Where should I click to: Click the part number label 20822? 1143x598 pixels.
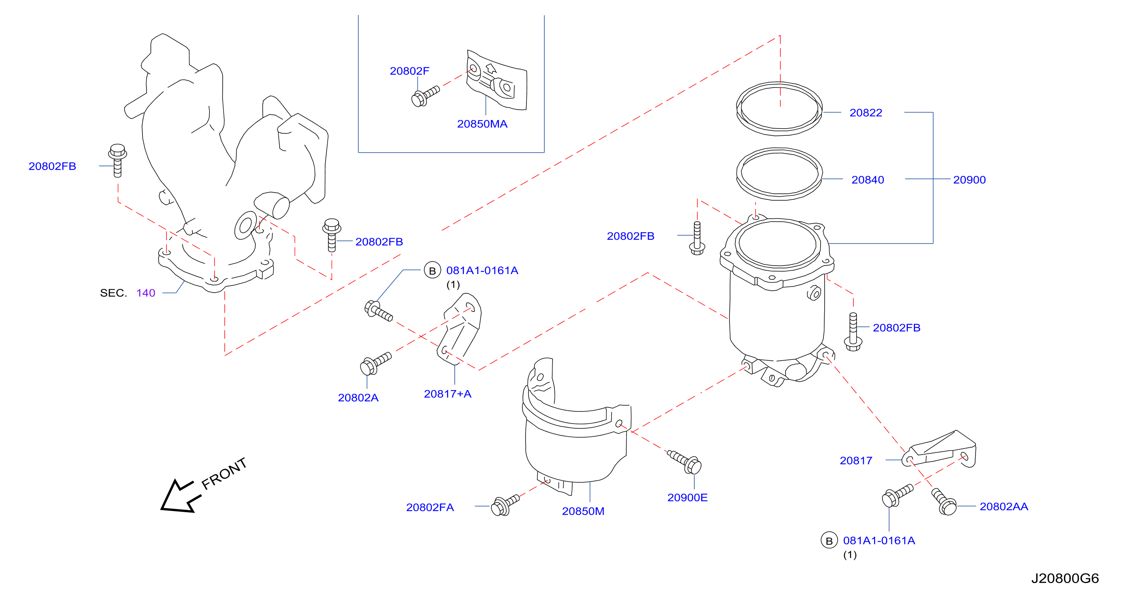[865, 112]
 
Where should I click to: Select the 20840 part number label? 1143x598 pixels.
[867, 180]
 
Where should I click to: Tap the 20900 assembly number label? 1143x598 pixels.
[969, 180]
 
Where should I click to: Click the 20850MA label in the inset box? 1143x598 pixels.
[482, 124]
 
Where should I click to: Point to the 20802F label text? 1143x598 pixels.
[409, 71]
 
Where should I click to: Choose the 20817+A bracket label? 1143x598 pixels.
[447, 394]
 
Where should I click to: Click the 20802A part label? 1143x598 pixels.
[358, 398]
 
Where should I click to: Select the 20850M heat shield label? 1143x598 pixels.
[583, 511]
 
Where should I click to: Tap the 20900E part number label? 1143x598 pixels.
[687, 497]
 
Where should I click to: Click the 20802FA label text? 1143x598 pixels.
[430, 507]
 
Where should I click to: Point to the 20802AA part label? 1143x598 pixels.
[1004, 506]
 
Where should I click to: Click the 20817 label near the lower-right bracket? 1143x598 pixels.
[856, 461]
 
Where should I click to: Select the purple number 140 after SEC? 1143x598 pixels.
[146, 293]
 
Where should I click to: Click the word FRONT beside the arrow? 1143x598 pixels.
[224, 473]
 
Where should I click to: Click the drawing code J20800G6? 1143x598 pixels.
[1065, 578]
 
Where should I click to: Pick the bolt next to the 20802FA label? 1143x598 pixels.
[505, 505]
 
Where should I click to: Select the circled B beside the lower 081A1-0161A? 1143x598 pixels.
[829, 540]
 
